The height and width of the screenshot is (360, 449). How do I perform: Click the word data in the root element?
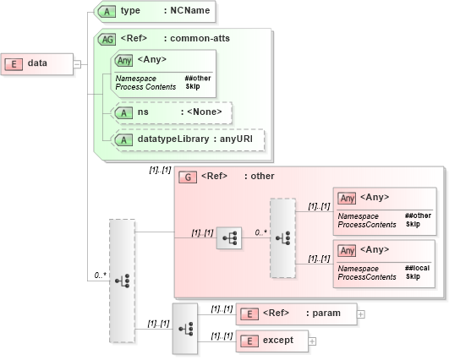click(x=37, y=63)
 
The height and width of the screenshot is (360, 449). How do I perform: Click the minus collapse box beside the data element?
click(x=76, y=63)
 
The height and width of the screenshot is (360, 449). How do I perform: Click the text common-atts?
click(x=200, y=38)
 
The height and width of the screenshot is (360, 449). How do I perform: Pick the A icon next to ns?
click(x=124, y=112)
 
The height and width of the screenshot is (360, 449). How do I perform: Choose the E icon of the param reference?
click(x=249, y=314)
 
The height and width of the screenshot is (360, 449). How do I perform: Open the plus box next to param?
click(x=362, y=314)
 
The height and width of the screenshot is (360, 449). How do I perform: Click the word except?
click(x=278, y=341)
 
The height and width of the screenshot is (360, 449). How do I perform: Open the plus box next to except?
click(x=312, y=341)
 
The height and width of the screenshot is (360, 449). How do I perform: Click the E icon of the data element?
click(x=14, y=63)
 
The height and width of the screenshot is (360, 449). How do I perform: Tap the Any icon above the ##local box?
click(x=347, y=249)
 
